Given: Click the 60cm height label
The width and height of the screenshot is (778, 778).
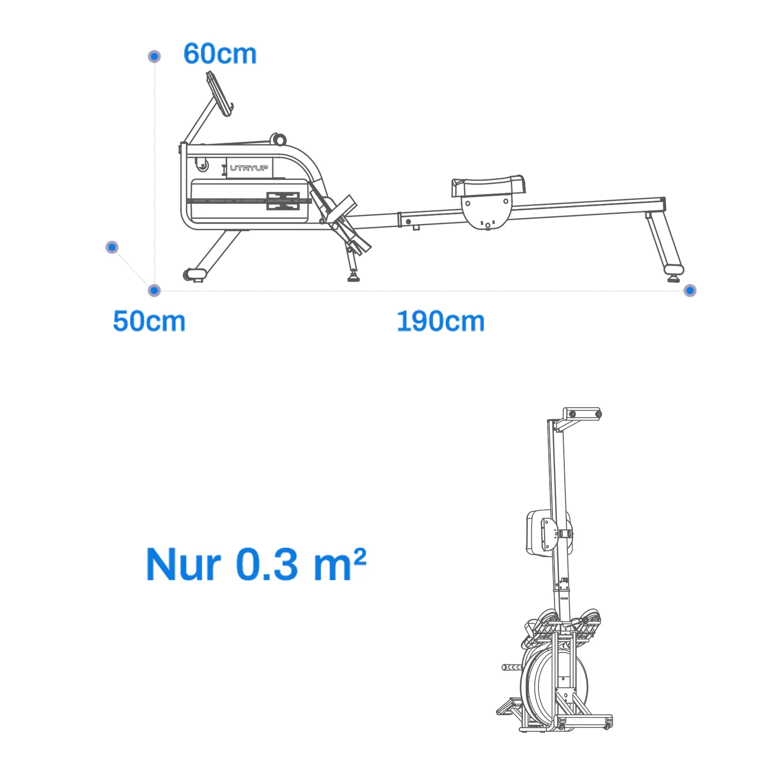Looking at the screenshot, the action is click(220, 53).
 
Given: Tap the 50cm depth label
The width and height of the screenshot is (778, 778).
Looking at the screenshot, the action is click(149, 321).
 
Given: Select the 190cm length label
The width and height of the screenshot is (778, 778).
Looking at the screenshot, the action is click(440, 321).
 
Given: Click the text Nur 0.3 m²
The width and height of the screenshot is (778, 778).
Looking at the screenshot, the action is click(256, 564).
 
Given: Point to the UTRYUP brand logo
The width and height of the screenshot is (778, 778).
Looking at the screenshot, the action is click(249, 168).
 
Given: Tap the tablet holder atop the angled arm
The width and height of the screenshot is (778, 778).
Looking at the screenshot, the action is click(219, 94).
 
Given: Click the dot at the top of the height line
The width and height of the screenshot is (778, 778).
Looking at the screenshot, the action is click(154, 56).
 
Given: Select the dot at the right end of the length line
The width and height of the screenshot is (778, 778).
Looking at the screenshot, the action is click(690, 290).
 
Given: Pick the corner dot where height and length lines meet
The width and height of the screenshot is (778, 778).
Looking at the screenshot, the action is click(154, 290).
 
